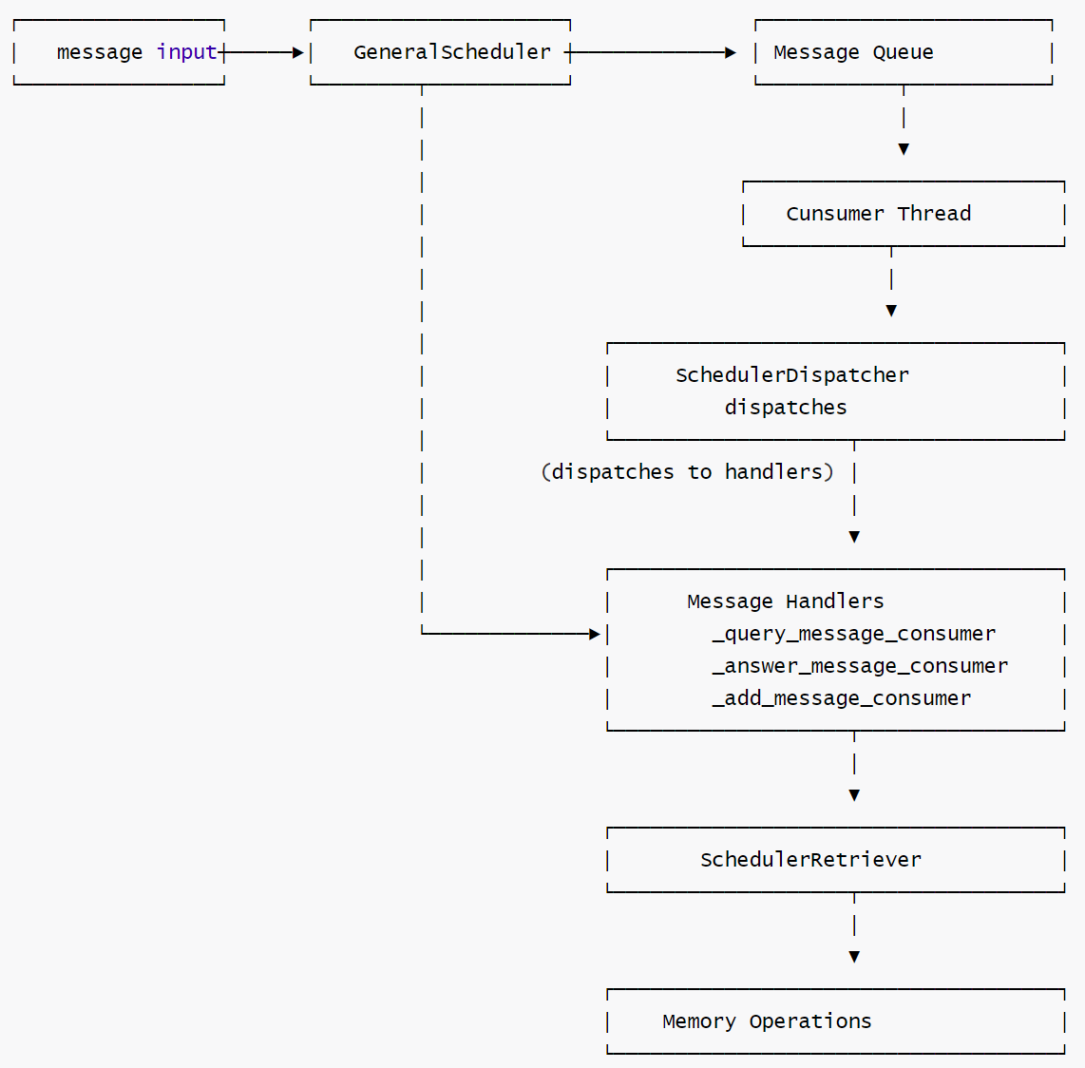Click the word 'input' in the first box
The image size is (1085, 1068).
coord(186,52)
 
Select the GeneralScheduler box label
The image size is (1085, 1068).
coord(452,52)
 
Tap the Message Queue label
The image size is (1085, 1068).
coord(853,52)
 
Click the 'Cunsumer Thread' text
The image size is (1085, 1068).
coord(878,214)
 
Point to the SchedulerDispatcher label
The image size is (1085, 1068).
coord(791,375)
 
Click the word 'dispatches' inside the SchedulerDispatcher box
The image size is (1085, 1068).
coord(786,408)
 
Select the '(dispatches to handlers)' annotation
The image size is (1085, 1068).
coord(687,472)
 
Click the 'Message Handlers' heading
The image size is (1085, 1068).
coord(785,601)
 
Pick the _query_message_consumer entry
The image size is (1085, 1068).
coord(853,634)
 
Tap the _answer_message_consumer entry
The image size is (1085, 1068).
coord(860,666)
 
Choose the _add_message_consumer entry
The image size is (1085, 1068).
coord(841,698)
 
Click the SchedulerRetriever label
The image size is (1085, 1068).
coord(810,860)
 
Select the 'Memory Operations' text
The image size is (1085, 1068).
coord(767,1021)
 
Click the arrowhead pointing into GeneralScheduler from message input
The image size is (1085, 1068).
coord(298,53)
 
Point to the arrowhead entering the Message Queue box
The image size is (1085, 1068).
coord(731,53)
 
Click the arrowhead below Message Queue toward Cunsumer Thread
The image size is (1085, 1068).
coord(904,149)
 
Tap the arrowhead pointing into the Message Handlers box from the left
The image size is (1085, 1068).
coord(595,634)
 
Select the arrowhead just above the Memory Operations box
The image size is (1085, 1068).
coord(854,957)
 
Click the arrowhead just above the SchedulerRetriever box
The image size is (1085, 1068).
coord(854,795)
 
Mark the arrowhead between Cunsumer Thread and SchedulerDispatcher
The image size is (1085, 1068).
coord(891,311)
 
